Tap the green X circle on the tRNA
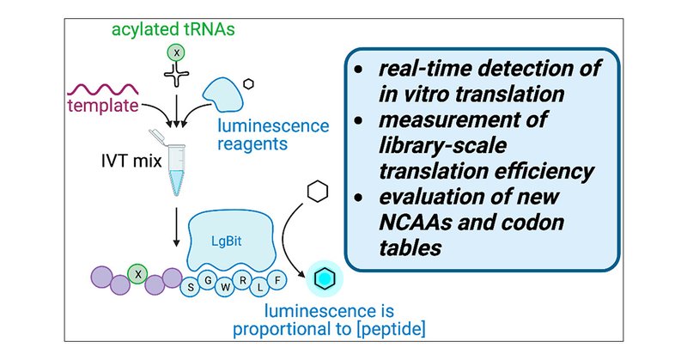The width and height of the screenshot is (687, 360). tap(175, 53)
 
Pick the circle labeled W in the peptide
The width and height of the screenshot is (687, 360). tap(226, 287)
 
